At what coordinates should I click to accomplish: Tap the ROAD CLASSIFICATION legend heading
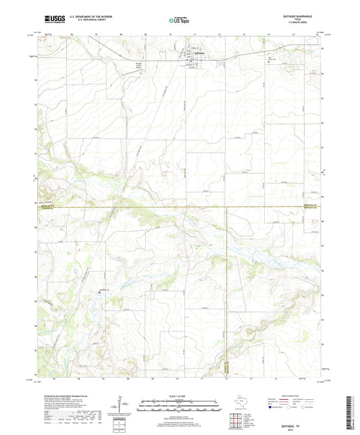[x=288, y=396]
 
